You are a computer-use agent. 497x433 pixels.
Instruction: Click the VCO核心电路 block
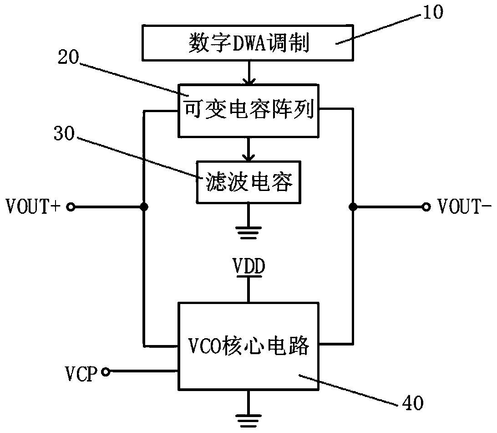tap(248, 346)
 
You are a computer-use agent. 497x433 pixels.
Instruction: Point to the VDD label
tap(248, 267)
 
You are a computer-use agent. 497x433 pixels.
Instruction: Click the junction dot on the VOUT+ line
tap(144, 208)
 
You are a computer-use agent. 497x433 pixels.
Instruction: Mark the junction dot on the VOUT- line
tap(353, 208)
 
